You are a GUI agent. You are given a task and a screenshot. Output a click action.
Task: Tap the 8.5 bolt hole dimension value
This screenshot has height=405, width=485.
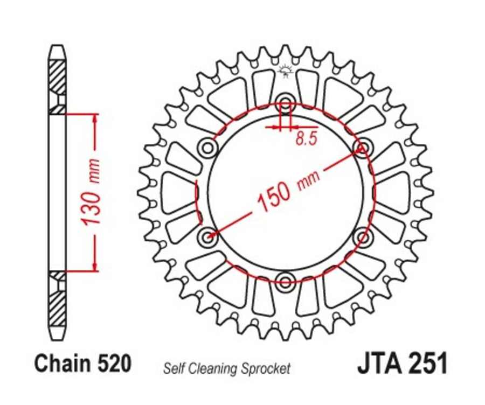click(x=306, y=138)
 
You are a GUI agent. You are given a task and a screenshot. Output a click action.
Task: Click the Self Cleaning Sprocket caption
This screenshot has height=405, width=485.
click(x=226, y=369)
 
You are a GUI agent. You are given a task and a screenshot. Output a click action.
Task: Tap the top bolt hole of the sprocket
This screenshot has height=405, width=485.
click(x=285, y=103)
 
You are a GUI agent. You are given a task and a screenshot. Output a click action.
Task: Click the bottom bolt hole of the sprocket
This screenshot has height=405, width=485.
click(x=285, y=279)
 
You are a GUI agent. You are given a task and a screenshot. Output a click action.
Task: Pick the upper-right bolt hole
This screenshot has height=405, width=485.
click(x=363, y=146)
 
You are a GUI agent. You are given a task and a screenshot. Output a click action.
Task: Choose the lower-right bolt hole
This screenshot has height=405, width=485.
click(x=363, y=236)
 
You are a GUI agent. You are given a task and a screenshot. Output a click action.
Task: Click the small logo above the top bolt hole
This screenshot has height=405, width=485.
click(x=285, y=71)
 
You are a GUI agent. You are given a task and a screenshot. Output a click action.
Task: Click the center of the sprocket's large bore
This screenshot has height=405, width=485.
click(x=285, y=191)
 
